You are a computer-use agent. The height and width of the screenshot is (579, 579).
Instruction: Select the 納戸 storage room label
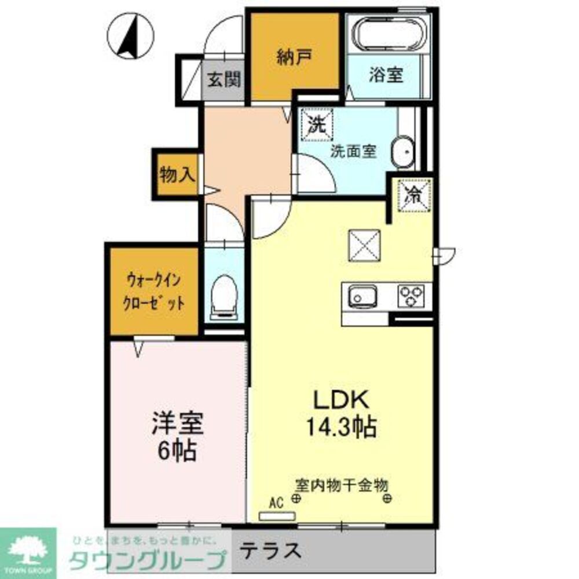295,56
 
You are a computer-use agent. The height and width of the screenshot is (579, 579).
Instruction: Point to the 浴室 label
386,75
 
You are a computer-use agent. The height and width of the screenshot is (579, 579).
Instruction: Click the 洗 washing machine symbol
317,123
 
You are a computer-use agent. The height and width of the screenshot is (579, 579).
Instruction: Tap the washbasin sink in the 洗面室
402,151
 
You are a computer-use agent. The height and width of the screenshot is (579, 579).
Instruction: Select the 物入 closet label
177,174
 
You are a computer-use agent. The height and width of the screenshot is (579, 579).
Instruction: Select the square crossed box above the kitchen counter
364,246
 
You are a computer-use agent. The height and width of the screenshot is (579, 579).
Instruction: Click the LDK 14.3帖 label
340,414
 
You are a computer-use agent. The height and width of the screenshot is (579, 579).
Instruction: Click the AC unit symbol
280,514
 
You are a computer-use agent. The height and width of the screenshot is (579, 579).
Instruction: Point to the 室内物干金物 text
341,485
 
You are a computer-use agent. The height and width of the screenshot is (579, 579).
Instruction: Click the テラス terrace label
271,549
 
